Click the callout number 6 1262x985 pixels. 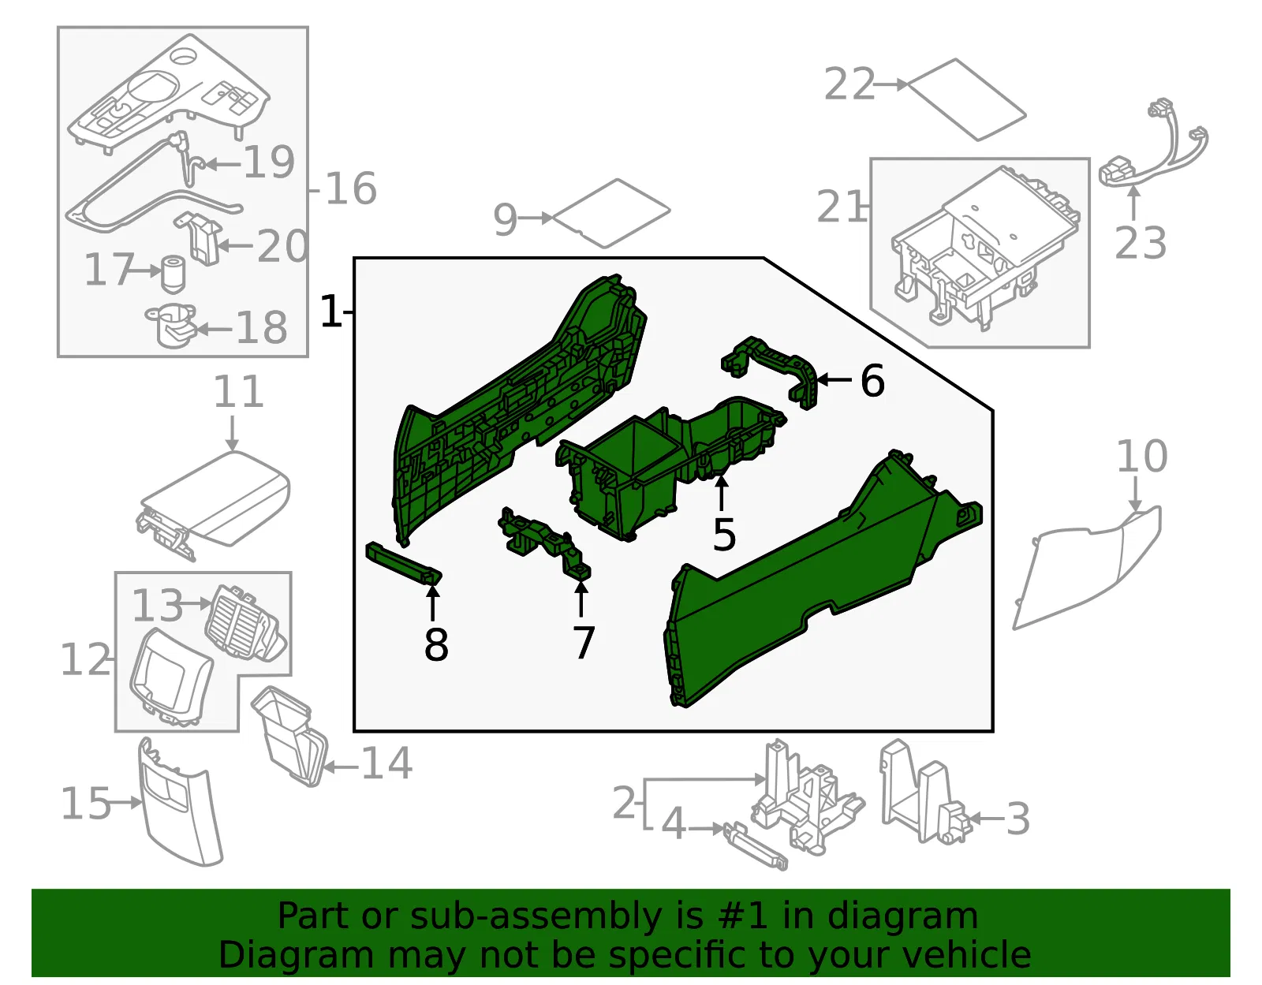872,381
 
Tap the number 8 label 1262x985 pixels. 436,644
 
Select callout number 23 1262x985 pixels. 1141,244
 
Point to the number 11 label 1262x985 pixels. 239,392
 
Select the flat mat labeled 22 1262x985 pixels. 967,100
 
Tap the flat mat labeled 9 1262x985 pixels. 611,213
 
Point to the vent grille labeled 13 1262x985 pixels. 245,623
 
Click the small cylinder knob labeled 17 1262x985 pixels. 173,274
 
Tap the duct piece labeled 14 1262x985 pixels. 289,737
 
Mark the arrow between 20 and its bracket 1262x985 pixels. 237,246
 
